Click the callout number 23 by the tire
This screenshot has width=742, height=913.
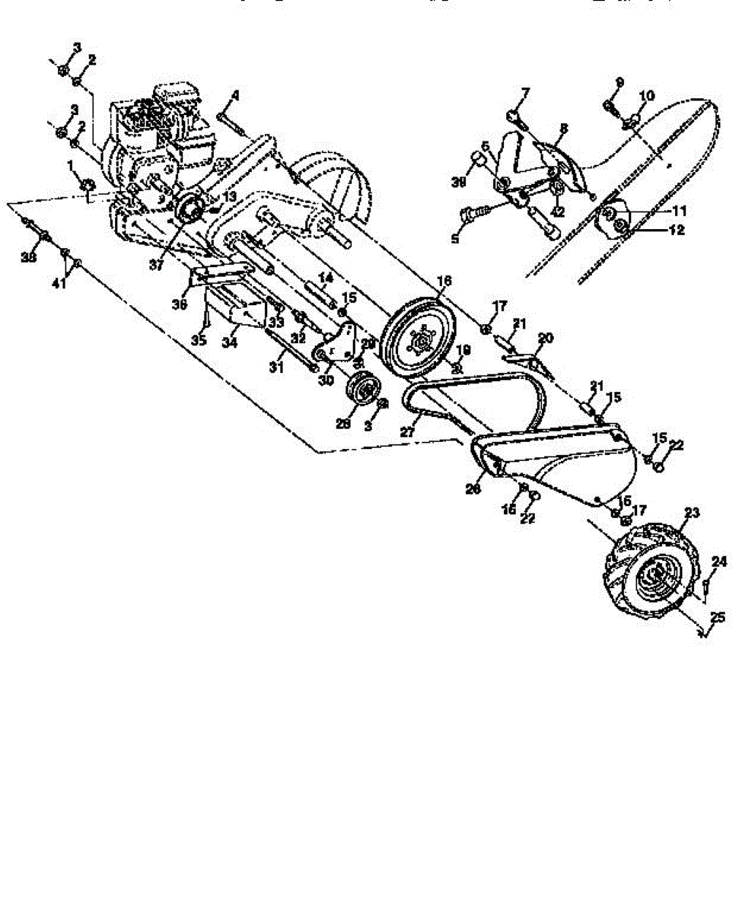(690, 514)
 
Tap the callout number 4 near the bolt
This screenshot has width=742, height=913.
(235, 96)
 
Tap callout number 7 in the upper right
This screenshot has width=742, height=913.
(524, 94)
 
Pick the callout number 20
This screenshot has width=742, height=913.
(546, 337)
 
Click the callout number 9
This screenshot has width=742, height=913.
(619, 82)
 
